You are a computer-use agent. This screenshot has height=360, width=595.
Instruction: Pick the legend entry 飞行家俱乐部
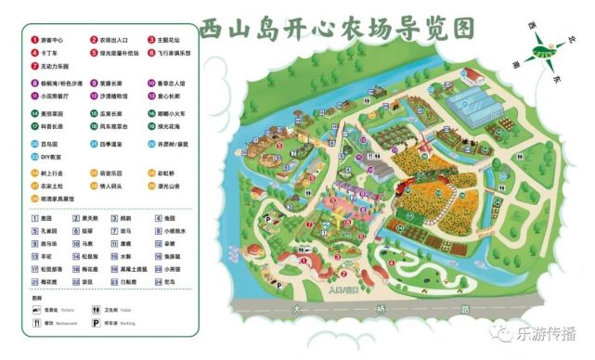[x=173, y=53]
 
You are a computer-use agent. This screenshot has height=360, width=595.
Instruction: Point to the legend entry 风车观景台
[x=114, y=125]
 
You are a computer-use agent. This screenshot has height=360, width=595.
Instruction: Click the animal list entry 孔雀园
[x=49, y=229]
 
